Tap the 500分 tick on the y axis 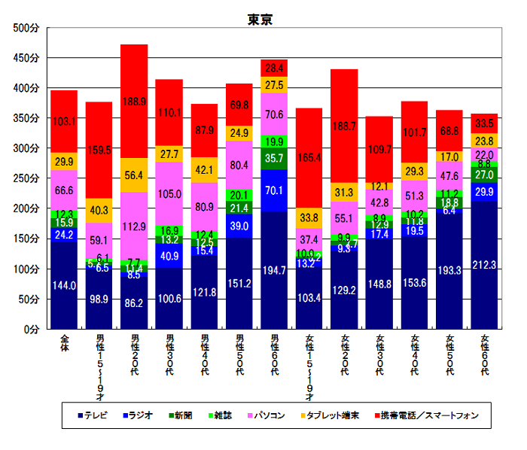coord(27,28)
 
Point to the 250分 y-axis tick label coord(27,178)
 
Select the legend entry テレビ coord(96,415)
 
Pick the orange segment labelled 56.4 coord(134,175)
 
